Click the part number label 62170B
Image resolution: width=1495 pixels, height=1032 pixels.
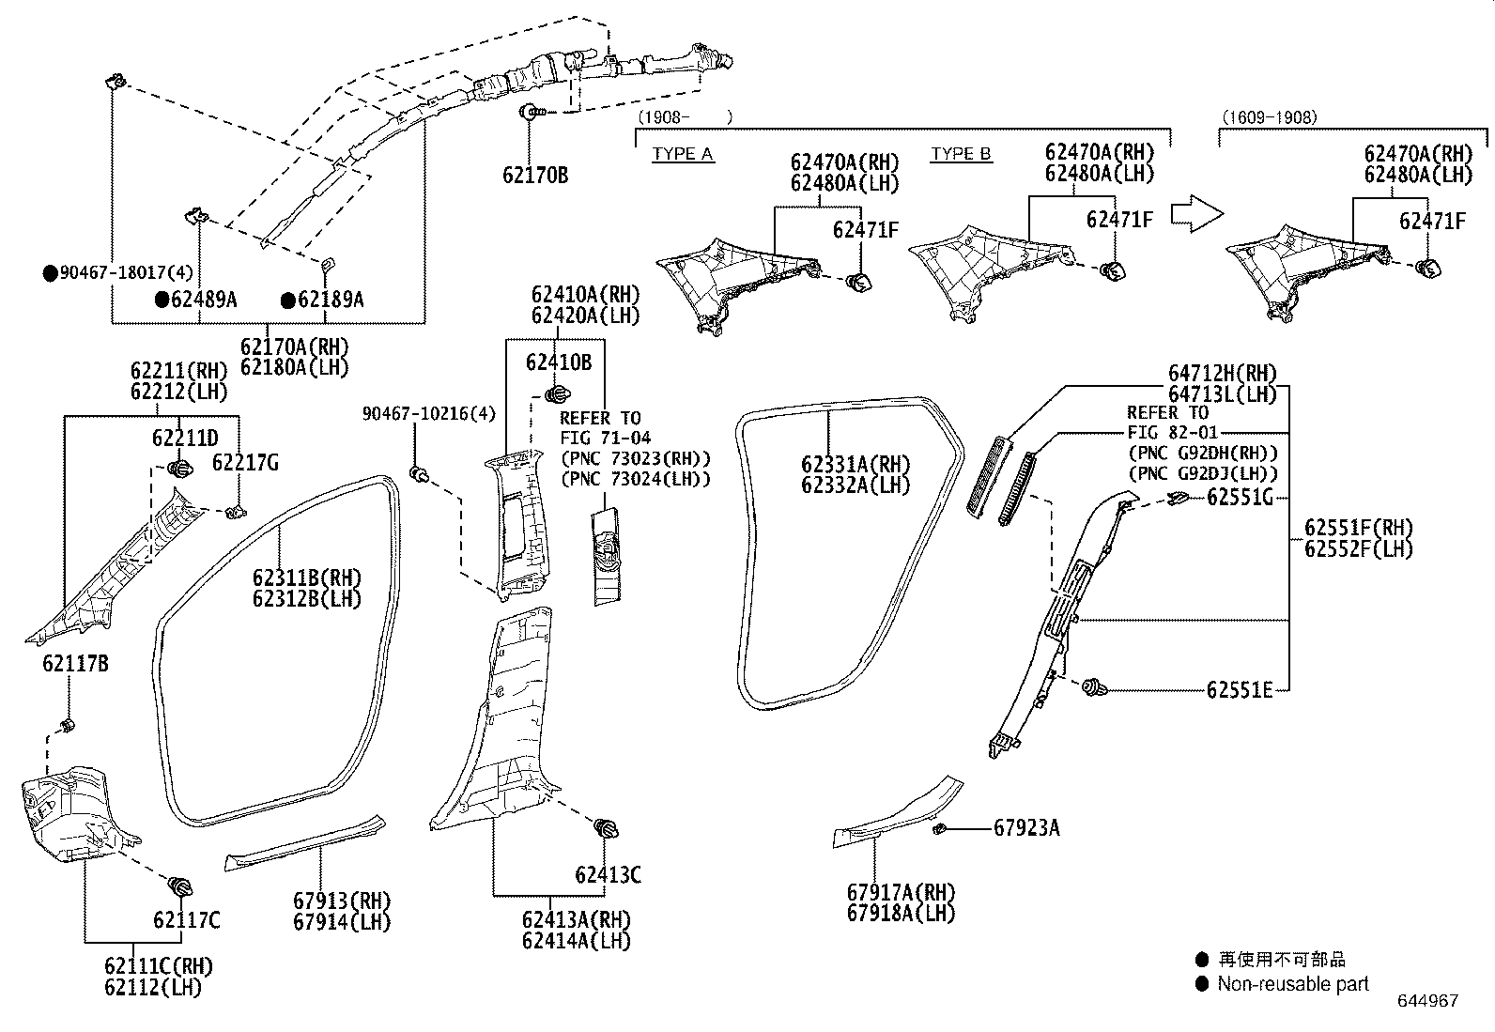534,175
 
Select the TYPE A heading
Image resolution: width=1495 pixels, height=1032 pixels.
683,154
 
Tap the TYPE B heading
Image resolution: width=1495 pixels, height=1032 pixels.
962,154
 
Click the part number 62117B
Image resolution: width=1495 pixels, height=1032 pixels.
74,664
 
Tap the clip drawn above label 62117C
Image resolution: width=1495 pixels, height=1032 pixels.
179,886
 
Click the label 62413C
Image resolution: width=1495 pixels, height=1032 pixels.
608,875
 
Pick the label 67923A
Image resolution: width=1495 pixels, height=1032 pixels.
1026,827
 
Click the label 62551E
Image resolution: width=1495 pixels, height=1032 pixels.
1240,690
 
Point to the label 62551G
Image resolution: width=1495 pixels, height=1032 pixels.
1240,497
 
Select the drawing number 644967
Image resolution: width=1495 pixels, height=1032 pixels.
1427,1001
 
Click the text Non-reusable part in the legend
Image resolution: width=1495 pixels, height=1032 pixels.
1292,984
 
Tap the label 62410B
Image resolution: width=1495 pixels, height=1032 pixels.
558,362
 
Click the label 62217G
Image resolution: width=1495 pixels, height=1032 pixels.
245,462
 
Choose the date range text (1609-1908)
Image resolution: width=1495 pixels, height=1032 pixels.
1269,117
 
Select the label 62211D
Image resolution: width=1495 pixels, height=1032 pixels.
185,438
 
